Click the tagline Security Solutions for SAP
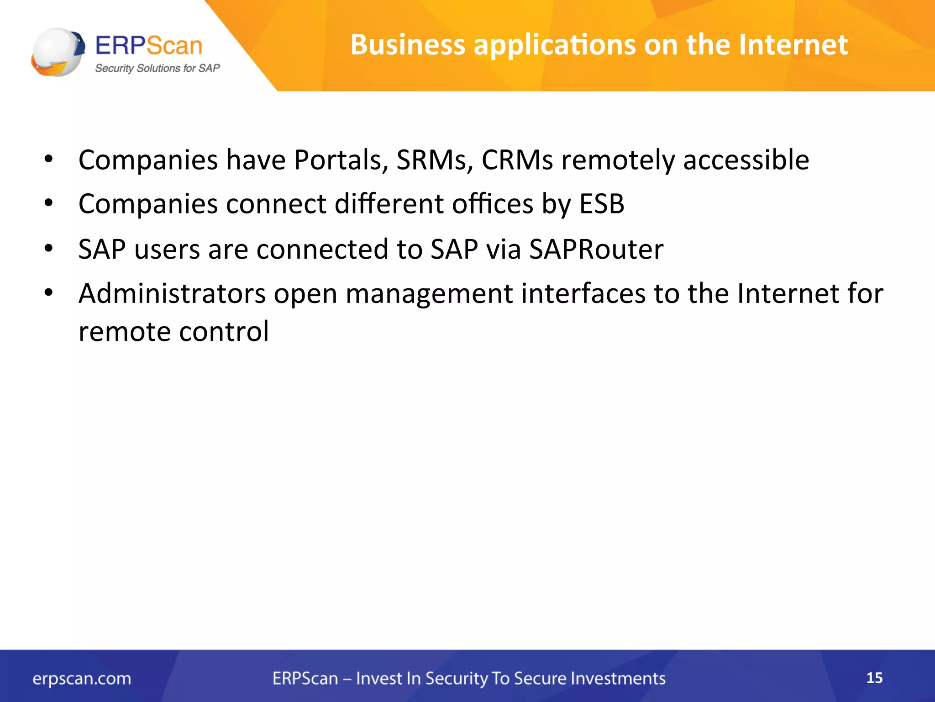click(x=157, y=68)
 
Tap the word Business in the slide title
click(x=408, y=45)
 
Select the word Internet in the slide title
click(x=793, y=45)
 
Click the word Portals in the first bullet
click(x=341, y=160)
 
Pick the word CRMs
click(x=517, y=160)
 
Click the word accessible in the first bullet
click(x=746, y=160)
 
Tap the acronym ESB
click(x=602, y=204)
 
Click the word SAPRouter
click(x=596, y=250)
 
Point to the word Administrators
click(x=172, y=293)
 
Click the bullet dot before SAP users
click(x=49, y=249)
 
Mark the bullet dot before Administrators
click(x=49, y=293)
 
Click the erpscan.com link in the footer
click(x=82, y=679)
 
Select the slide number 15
click(x=874, y=678)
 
